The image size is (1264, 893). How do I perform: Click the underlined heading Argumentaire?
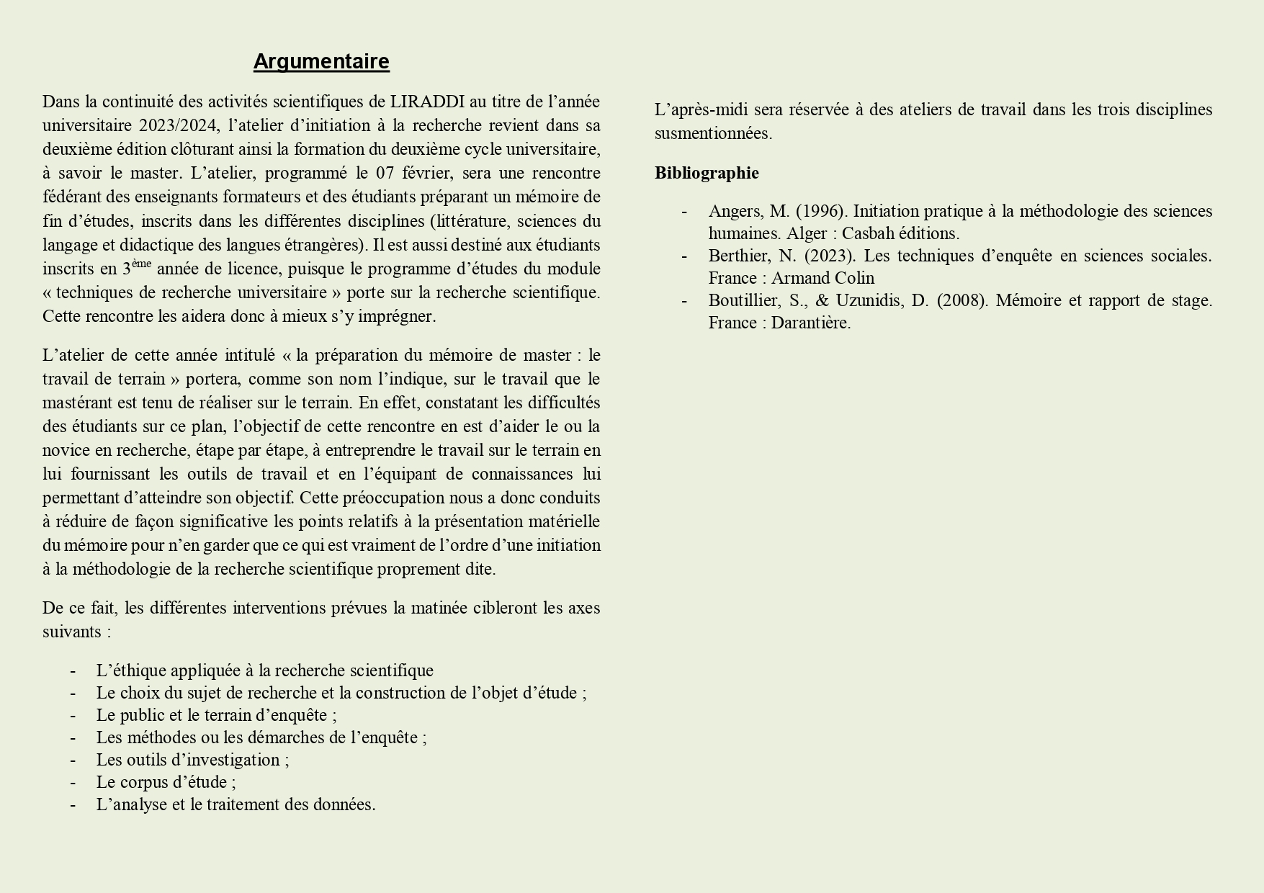pos(321,62)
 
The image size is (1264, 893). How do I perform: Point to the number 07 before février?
pos(386,173)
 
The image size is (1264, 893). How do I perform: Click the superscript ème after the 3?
pos(142,264)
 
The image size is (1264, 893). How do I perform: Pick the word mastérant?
pos(78,403)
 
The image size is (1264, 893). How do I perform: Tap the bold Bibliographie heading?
pos(707,173)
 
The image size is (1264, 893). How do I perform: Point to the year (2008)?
pos(962,300)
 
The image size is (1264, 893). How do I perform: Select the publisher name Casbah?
pos(867,233)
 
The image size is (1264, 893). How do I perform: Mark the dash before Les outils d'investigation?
pos(73,760)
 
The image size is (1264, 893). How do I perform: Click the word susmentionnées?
pos(712,133)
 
